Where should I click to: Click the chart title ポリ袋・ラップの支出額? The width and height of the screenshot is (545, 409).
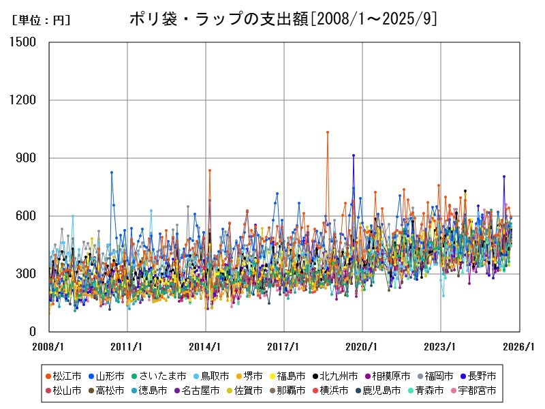(x=283, y=19)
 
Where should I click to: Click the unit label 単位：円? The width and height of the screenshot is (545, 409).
(x=41, y=20)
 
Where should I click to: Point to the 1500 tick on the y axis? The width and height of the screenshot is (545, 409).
(x=24, y=42)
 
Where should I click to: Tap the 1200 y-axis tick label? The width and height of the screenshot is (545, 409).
(x=24, y=100)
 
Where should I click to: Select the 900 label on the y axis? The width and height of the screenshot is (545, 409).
(x=28, y=158)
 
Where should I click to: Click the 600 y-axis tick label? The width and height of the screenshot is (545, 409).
(x=28, y=216)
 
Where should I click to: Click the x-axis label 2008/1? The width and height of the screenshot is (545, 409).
(x=49, y=346)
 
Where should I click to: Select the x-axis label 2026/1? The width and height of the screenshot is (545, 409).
(x=519, y=346)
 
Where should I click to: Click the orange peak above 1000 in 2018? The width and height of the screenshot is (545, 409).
(x=328, y=132)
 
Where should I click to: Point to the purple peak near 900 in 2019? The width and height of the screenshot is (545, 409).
(x=353, y=155)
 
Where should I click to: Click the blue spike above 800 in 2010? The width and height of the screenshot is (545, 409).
(x=112, y=172)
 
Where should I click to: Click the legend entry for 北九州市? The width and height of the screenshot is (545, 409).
(x=333, y=376)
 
